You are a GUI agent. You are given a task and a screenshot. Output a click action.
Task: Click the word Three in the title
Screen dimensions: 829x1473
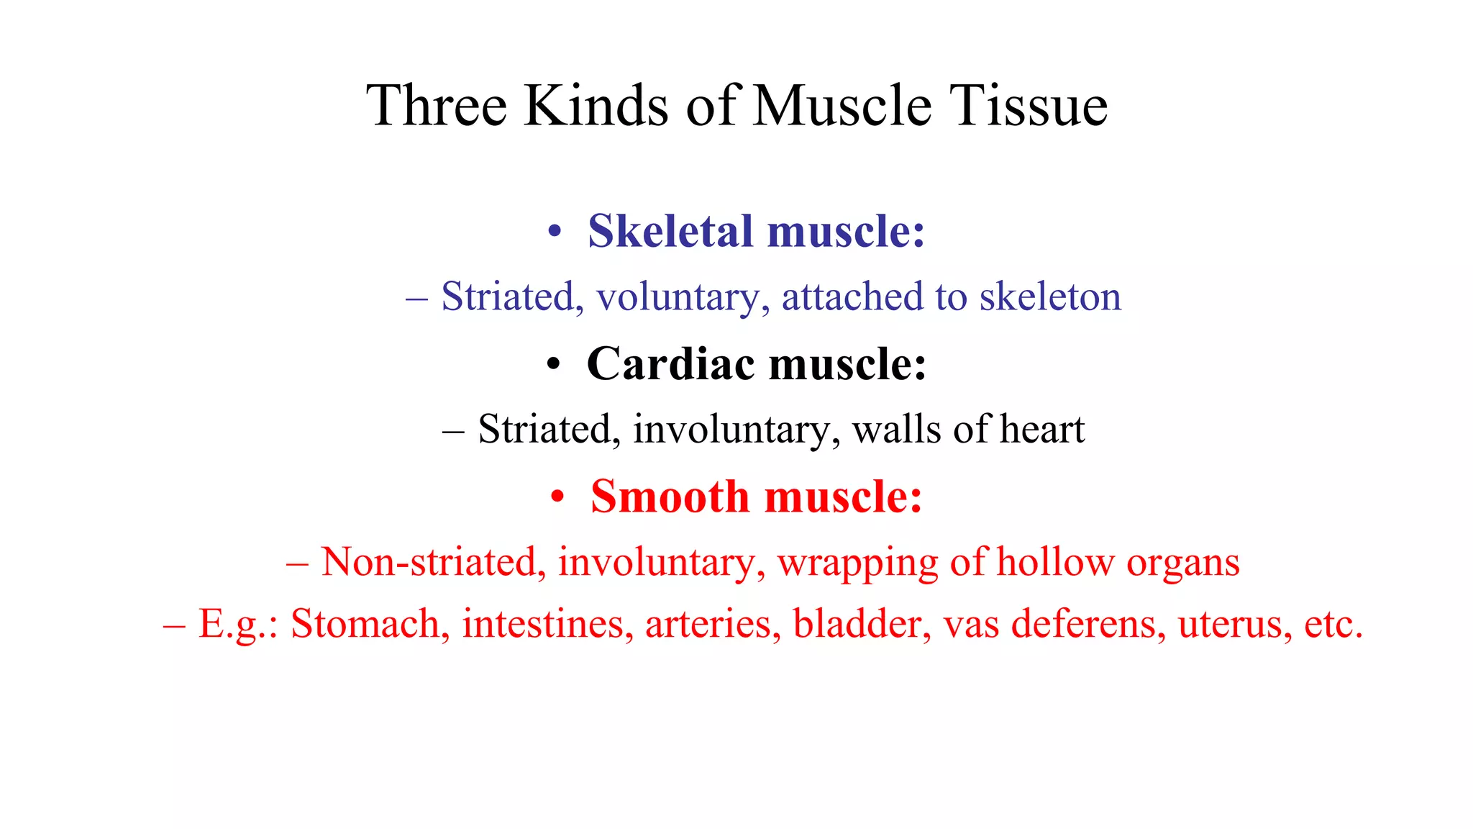tap(437, 106)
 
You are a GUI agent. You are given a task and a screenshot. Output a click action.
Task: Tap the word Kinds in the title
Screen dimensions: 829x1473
tap(596, 106)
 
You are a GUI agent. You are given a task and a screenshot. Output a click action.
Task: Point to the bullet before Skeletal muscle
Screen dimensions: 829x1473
tap(554, 233)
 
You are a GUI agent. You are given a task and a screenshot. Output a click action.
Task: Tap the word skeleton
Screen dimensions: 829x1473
tap(1050, 296)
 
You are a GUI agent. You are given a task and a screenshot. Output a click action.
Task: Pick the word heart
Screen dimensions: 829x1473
tap(1042, 430)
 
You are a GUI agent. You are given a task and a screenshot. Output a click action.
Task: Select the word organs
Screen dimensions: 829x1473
tap(1183, 563)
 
